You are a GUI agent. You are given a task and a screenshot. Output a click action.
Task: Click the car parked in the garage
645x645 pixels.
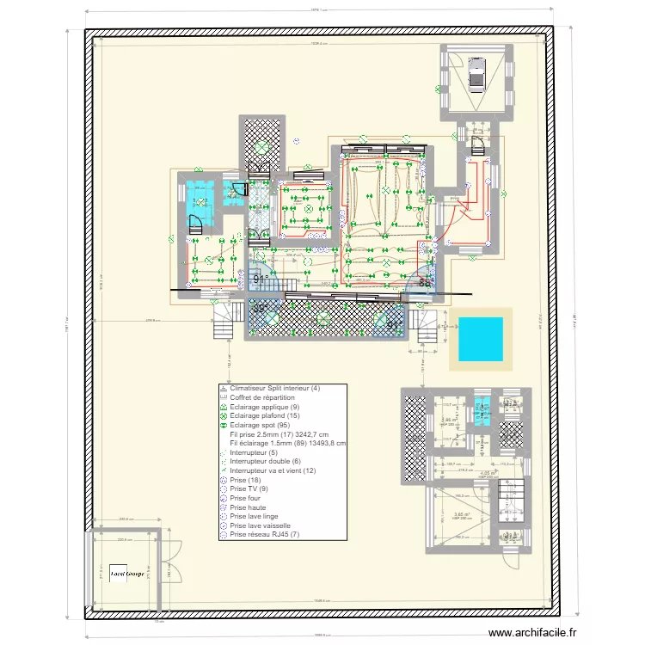(476, 78)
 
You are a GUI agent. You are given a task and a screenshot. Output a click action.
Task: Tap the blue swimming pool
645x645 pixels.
(481, 339)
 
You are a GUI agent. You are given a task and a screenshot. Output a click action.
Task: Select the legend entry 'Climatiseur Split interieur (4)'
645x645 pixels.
(275, 389)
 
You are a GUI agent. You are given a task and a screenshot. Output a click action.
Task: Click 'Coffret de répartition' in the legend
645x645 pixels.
(262, 398)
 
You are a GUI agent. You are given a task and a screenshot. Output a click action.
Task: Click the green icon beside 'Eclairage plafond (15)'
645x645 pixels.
(224, 416)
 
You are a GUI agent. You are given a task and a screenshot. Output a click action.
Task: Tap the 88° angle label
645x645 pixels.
(423, 281)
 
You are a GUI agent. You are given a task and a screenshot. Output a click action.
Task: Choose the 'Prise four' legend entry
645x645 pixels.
(248, 498)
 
